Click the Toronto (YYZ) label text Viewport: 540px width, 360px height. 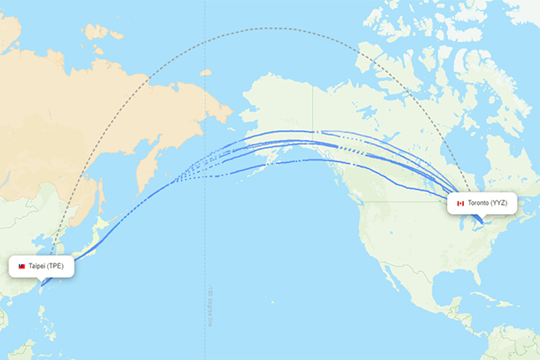(x=487, y=203)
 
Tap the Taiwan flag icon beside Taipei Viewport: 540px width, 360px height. (x=22, y=266)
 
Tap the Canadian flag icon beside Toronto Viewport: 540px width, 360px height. (x=460, y=203)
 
